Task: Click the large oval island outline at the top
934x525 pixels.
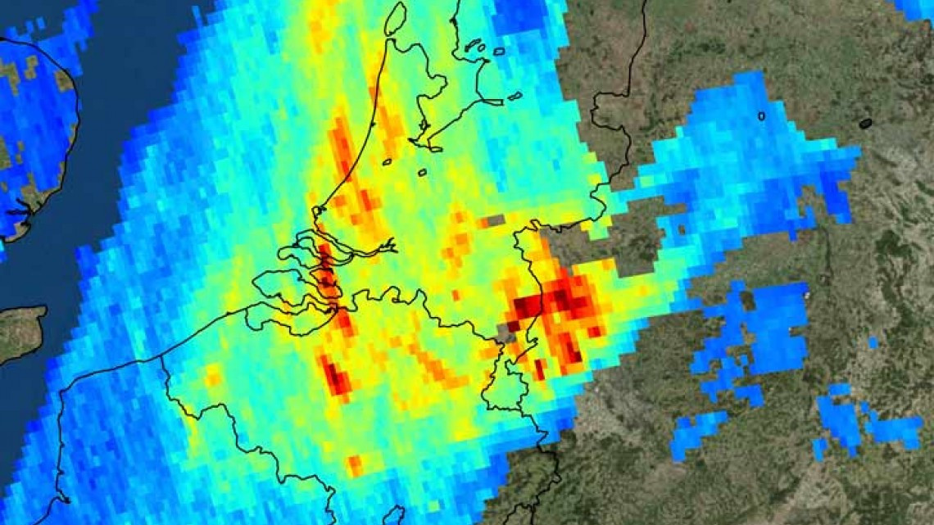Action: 395,18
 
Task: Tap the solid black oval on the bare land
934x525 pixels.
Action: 865,124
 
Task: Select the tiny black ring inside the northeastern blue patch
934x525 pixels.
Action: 761,116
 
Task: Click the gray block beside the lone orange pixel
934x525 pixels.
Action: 495,221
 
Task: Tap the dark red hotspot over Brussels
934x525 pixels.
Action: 337,378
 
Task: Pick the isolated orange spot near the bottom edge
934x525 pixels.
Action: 354,465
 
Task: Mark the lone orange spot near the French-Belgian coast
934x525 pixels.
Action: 214,376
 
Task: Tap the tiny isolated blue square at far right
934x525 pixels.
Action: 873,342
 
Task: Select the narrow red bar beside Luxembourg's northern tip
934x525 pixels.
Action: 539,369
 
